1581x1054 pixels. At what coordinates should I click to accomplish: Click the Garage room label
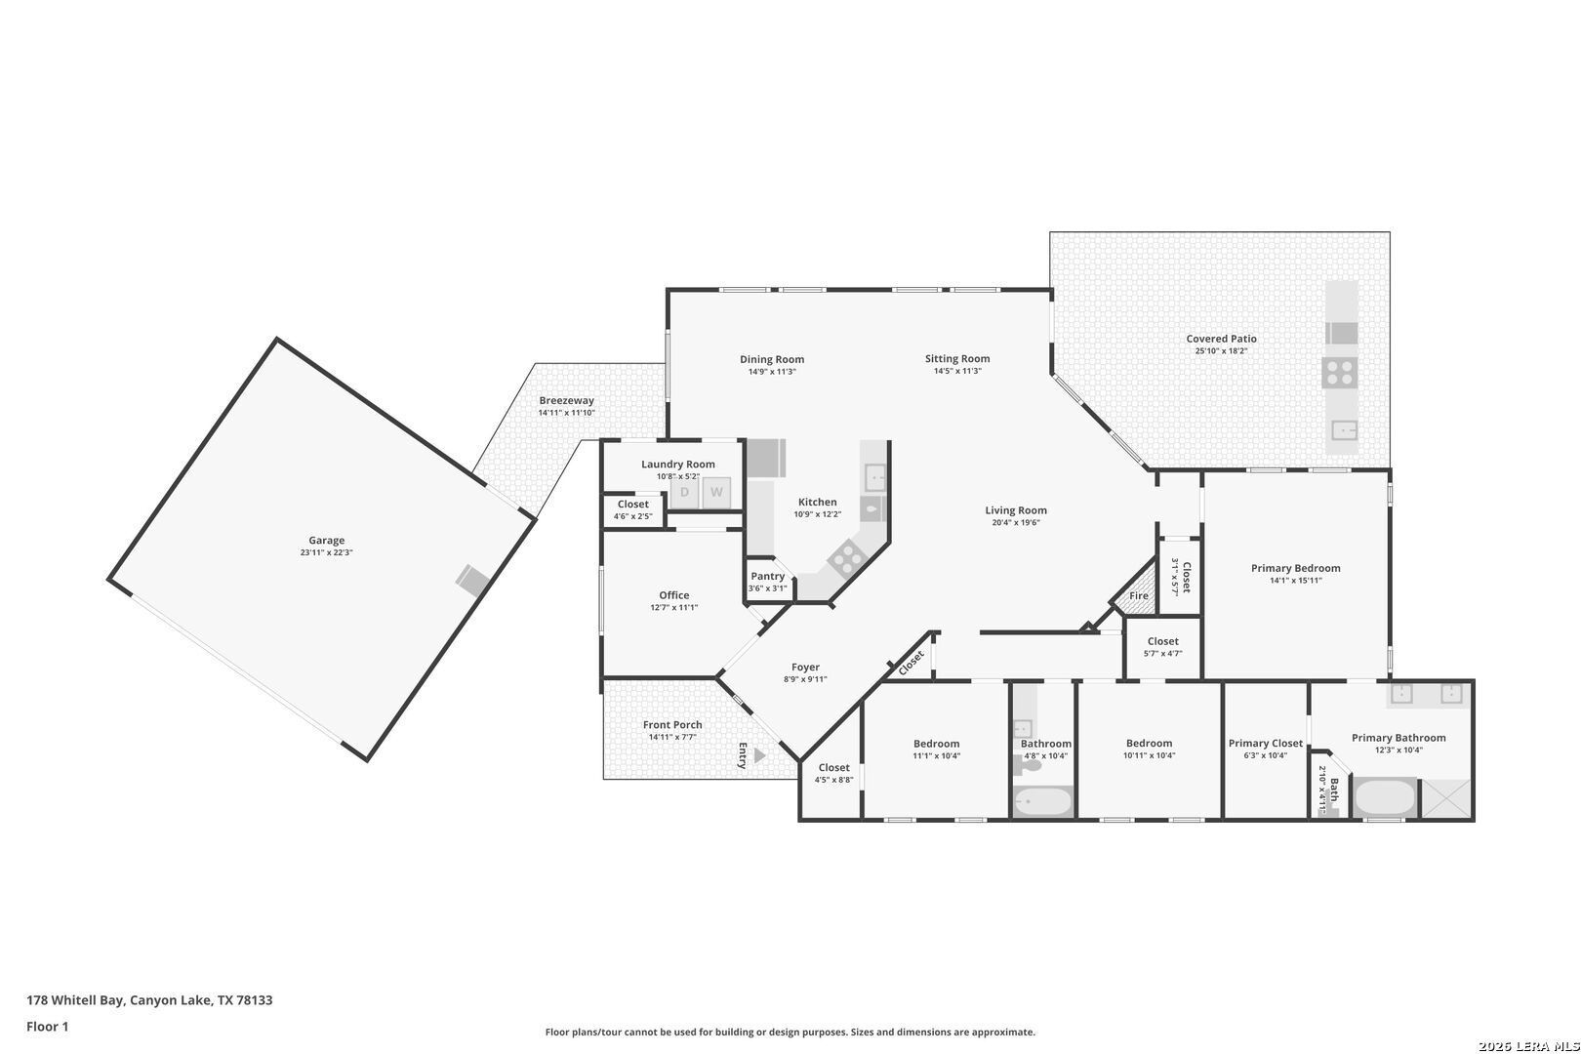pos(326,540)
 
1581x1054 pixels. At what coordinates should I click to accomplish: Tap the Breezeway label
pos(567,400)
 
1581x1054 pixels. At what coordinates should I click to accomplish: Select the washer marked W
pos(715,492)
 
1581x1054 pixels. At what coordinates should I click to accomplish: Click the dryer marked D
pos(684,492)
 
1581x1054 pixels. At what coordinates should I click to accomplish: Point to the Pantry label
pos(767,576)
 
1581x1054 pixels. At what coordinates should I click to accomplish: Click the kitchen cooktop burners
pos(847,559)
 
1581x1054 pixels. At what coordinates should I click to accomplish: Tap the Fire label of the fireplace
pos(1139,596)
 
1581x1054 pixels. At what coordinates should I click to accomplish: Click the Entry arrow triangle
pos(759,755)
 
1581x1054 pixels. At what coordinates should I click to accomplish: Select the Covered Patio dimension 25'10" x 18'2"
pos(1221,351)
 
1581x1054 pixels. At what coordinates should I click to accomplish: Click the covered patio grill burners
pos(1339,373)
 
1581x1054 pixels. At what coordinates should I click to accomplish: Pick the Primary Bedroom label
pos(1295,568)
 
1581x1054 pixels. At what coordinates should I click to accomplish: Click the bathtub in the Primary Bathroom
pos(1385,797)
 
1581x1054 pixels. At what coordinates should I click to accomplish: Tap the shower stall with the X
pos(1445,798)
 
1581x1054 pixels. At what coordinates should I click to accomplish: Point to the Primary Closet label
pos(1266,744)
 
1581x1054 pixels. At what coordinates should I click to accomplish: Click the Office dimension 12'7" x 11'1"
pos(674,607)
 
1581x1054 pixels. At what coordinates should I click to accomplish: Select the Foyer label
pos(805,668)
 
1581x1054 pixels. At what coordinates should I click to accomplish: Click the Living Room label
pos(1016,510)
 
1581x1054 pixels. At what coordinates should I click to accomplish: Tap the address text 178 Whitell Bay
pos(75,999)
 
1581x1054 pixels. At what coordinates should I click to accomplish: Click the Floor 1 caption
pos(47,1027)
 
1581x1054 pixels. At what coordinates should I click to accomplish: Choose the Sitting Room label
pos(957,358)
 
